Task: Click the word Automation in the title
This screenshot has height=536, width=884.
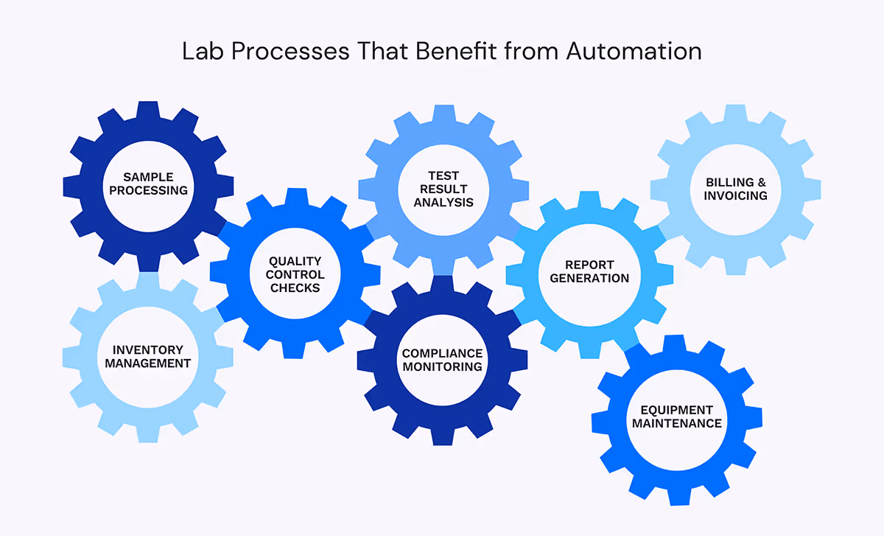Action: click(634, 52)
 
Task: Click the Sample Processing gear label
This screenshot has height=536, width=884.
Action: click(148, 184)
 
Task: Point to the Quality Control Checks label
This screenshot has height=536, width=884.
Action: click(295, 274)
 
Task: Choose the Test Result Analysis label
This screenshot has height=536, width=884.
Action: click(443, 189)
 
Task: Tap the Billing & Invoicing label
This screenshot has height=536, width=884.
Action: click(735, 189)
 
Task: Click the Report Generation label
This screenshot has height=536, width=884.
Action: click(589, 271)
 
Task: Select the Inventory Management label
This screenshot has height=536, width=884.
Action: click(147, 356)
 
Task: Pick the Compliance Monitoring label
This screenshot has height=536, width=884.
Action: click(442, 360)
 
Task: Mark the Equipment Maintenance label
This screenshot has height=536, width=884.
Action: click(676, 417)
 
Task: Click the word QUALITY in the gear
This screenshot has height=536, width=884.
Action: click(295, 261)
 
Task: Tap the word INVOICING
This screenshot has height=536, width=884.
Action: click(735, 195)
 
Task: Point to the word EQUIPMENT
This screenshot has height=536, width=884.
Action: click(676, 410)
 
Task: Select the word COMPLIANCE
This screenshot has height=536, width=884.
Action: click(442, 353)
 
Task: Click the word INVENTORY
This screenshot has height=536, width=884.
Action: click(147, 349)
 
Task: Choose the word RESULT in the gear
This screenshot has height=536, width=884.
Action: click(443, 189)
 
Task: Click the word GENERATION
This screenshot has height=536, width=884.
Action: click(589, 278)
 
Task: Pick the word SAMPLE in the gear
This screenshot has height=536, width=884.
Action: click(148, 177)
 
